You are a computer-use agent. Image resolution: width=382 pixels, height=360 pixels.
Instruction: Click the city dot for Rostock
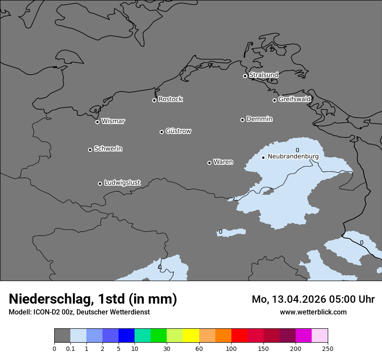(154, 100)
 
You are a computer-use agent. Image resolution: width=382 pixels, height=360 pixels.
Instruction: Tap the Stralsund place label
(263, 75)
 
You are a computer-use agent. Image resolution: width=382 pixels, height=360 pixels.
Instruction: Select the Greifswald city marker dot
(274, 100)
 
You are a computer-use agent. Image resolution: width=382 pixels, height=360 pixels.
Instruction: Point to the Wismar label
(113, 121)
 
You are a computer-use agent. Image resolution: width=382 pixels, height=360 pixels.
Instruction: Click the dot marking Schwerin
(90, 150)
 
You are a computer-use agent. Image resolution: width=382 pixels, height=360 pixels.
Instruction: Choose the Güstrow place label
(178, 131)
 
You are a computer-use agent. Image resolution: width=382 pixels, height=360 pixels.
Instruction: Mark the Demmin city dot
(242, 120)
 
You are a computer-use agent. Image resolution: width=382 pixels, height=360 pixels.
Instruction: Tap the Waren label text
(223, 162)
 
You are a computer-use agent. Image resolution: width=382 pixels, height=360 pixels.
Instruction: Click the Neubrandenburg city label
(293, 156)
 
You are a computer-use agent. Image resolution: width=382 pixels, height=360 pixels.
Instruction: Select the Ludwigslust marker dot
(100, 183)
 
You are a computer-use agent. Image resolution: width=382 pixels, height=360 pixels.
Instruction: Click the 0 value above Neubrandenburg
(297, 150)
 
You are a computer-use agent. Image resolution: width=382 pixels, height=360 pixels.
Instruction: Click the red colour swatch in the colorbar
(239, 336)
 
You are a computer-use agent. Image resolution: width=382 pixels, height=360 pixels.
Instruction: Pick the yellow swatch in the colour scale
(191, 336)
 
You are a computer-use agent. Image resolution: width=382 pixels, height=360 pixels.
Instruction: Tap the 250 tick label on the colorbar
(328, 349)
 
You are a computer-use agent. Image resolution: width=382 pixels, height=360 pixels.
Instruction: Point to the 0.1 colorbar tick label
(70, 349)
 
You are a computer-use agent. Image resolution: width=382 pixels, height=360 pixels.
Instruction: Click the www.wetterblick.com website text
(313, 312)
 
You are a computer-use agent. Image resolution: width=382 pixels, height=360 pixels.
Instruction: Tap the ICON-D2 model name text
(48, 312)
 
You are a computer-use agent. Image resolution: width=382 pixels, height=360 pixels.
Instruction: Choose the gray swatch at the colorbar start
(62, 336)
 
